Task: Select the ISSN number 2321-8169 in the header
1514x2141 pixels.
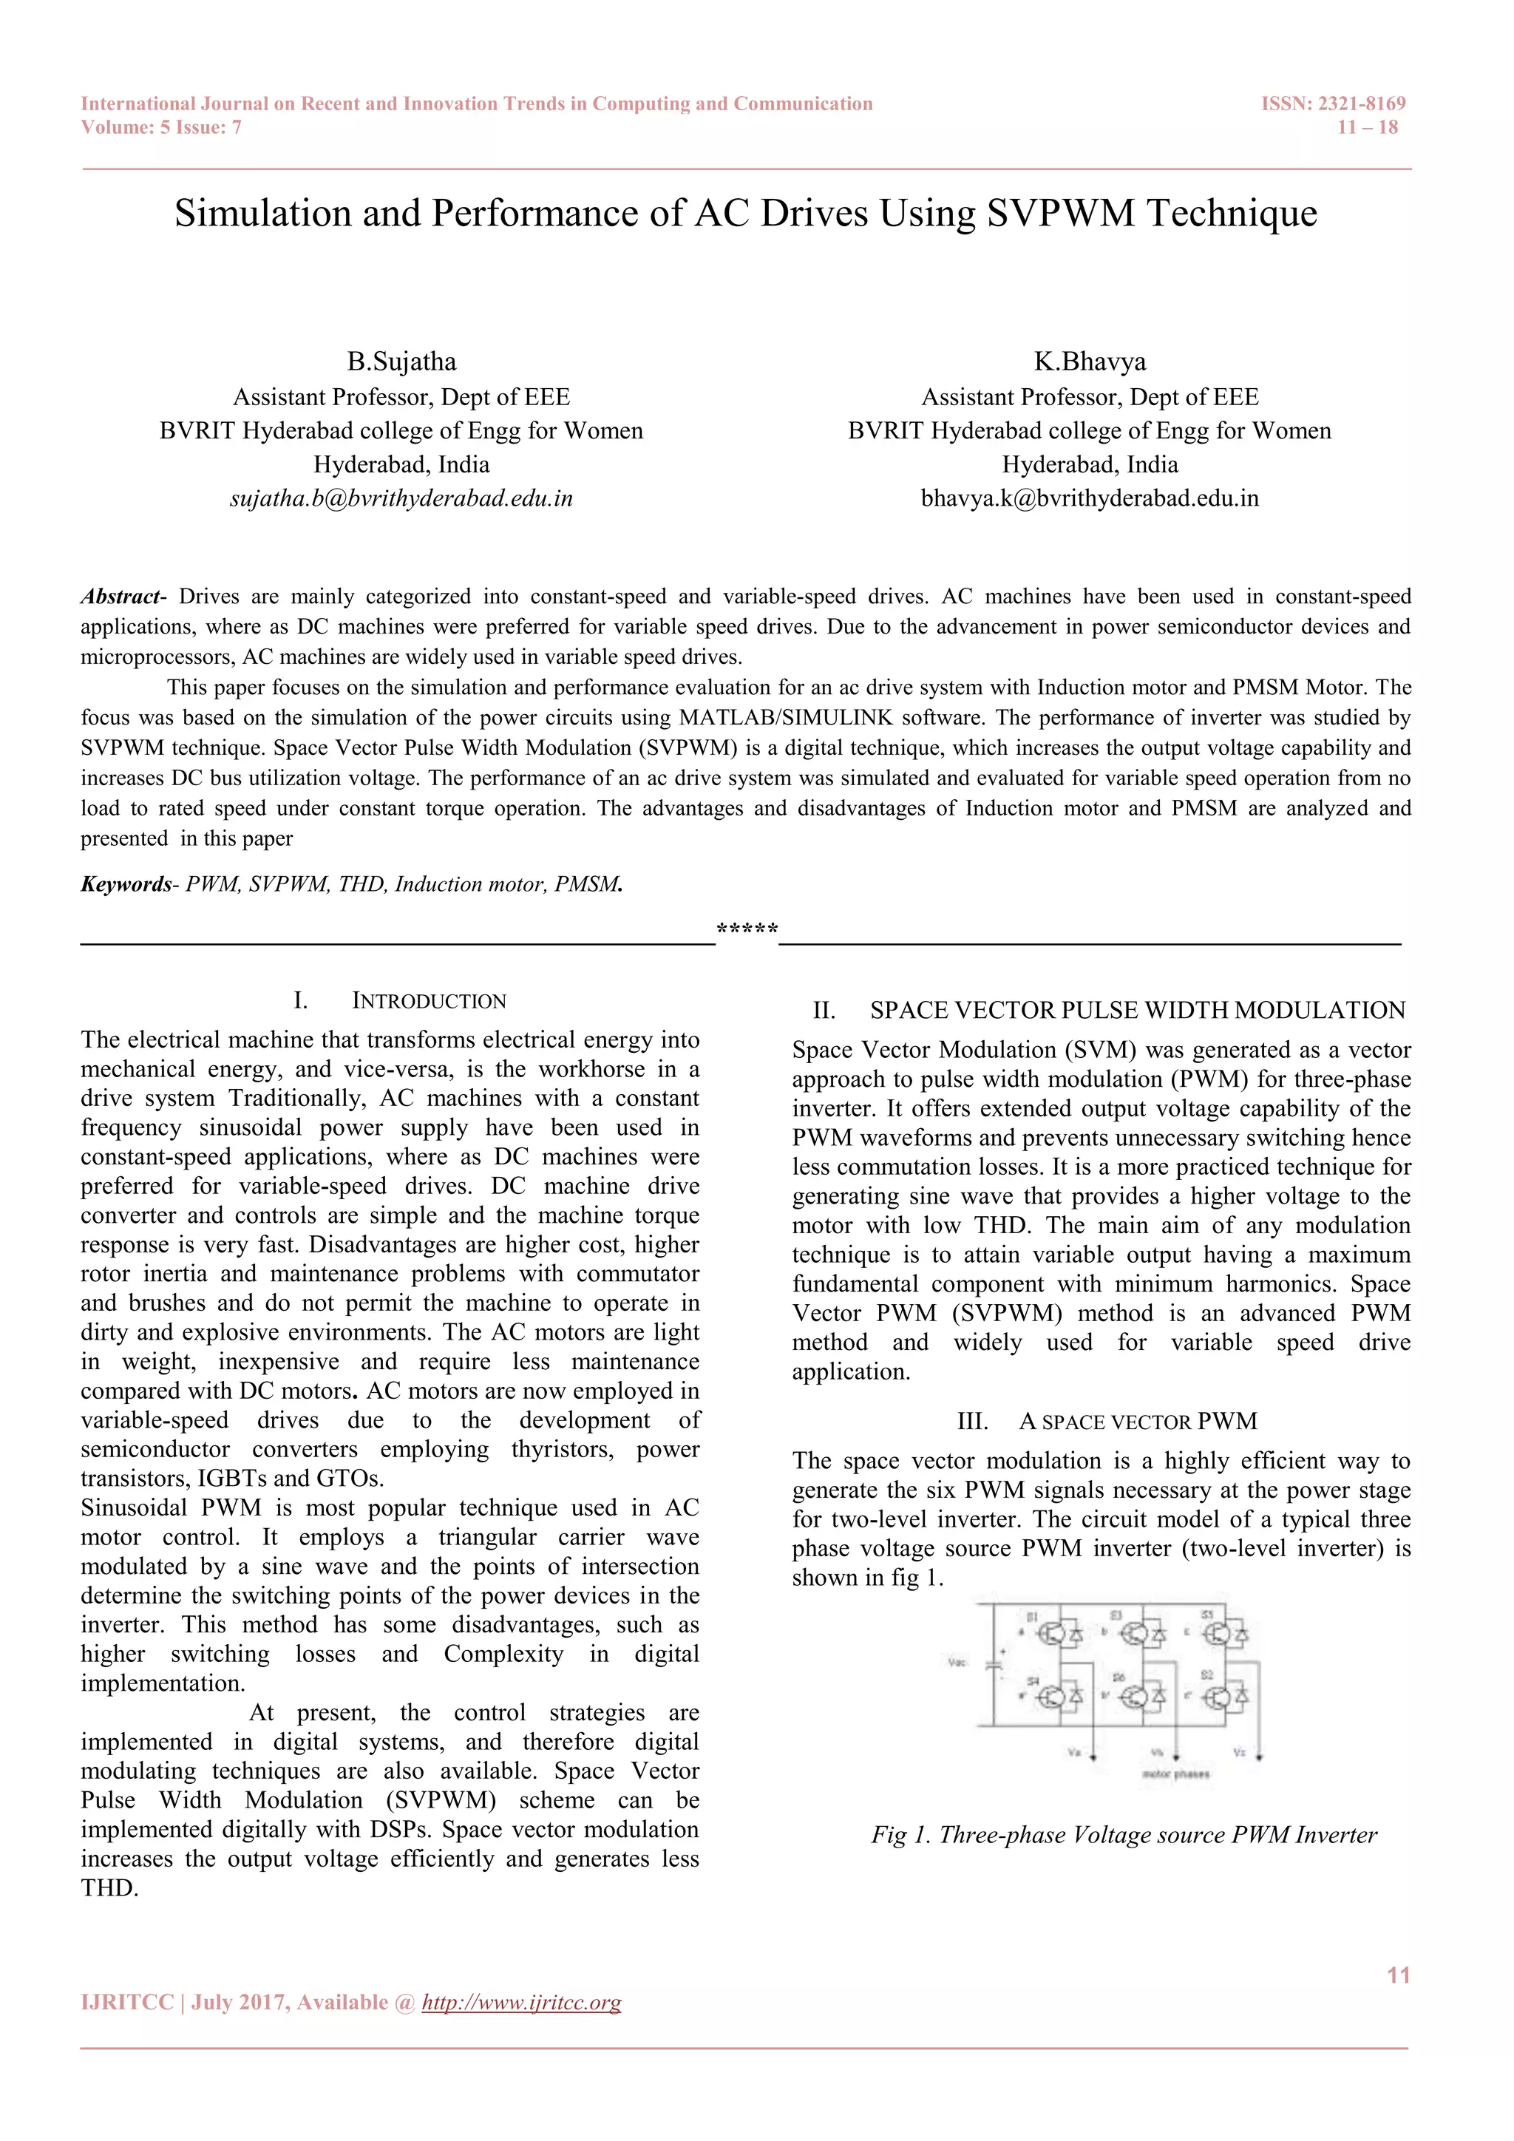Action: [1360, 104]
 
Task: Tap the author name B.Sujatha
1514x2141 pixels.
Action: [402, 362]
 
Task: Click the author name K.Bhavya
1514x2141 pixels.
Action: [1090, 362]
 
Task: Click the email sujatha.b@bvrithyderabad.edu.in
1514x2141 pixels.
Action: [402, 499]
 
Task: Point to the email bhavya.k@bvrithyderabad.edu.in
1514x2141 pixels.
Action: [1090, 499]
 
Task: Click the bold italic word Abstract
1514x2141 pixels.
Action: [120, 597]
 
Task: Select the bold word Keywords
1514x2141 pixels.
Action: [126, 884]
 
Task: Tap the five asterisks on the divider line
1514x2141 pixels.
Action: [747, 931]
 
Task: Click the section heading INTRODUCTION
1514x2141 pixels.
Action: [429, 1002]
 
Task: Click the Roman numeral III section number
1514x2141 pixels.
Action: [972, 1422]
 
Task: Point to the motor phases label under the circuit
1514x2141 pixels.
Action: [1175, 1774]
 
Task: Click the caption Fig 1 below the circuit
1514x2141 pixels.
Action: [1124, 1835]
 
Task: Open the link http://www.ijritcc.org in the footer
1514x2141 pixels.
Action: [521, 2003]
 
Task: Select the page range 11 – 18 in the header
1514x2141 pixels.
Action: [1368, 128]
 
